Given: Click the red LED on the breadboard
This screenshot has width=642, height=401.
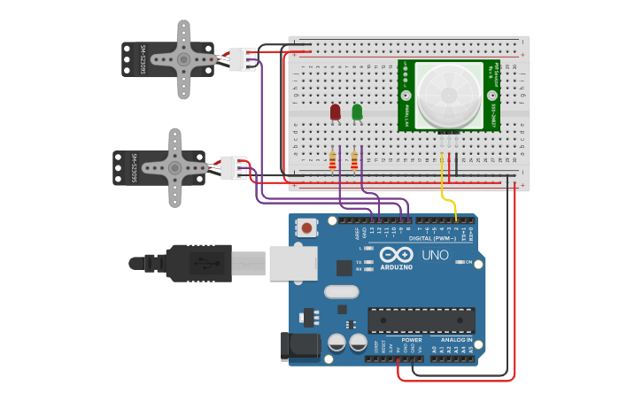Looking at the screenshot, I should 335,112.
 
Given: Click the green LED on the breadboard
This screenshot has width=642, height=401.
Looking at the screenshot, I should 357,112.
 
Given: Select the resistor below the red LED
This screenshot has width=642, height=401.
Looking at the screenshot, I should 332,160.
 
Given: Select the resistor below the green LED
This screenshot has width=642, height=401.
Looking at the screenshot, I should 354,160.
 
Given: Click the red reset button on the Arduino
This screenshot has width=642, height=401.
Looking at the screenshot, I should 306,227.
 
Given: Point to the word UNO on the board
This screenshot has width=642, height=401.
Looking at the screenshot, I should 436,255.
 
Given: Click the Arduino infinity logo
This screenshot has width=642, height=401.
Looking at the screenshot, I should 396,255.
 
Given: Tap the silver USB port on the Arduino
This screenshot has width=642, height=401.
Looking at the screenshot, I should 293,263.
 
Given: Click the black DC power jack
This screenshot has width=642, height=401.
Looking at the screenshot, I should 298,347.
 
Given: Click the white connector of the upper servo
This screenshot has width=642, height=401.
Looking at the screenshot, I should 242,58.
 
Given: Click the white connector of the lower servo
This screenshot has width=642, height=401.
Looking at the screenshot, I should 234,167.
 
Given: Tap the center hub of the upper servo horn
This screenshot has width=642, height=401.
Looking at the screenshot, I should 183,59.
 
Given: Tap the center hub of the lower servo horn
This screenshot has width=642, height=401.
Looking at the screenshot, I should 174,167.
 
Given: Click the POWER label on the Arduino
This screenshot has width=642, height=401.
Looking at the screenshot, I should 412,340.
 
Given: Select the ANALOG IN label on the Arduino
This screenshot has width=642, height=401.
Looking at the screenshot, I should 452,340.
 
